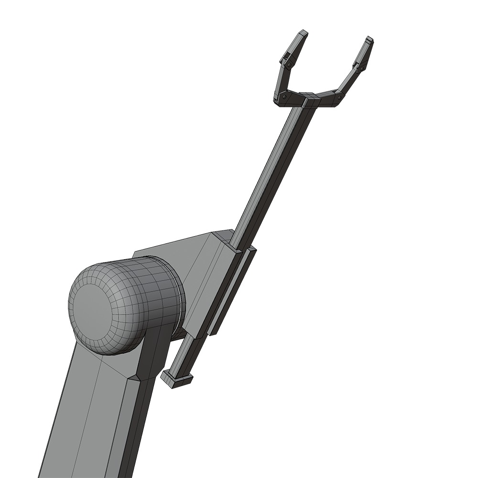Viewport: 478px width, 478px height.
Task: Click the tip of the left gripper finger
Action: click(302, 33)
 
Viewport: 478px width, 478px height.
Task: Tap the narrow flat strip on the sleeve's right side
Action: click(233, 292)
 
